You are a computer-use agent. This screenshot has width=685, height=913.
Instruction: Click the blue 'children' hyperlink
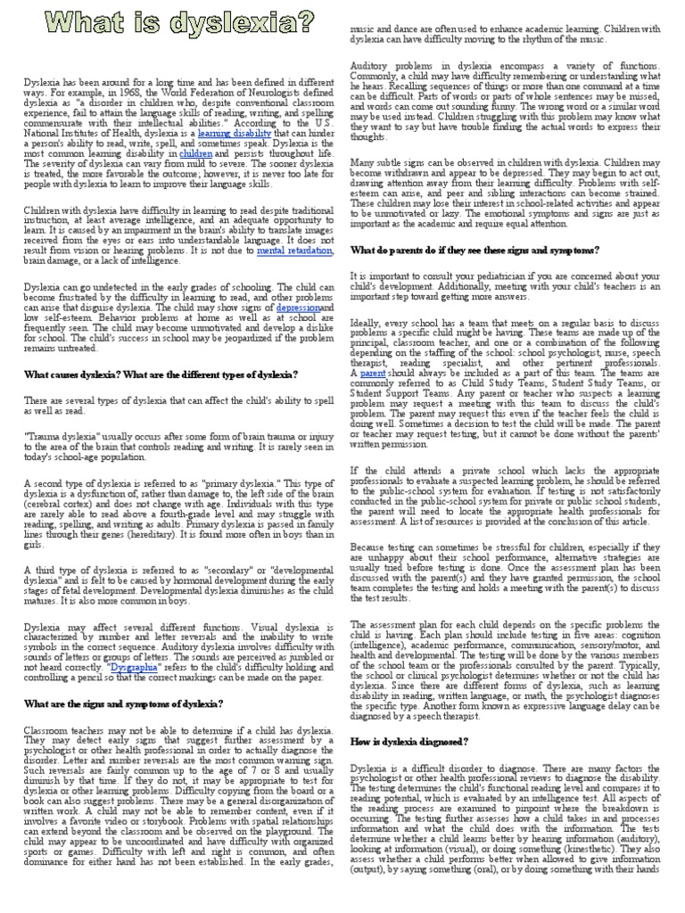tap(195, 153)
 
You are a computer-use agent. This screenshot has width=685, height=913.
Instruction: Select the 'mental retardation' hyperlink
tap(294, 251)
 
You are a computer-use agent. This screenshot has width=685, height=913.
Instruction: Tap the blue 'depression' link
tap(298, 308)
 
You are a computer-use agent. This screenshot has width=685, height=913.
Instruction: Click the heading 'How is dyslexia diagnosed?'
tap(409, 742)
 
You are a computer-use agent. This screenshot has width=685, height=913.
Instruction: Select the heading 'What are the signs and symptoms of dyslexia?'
tap(123, 703)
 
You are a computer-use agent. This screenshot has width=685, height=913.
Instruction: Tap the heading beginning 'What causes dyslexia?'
tap(146, 374)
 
